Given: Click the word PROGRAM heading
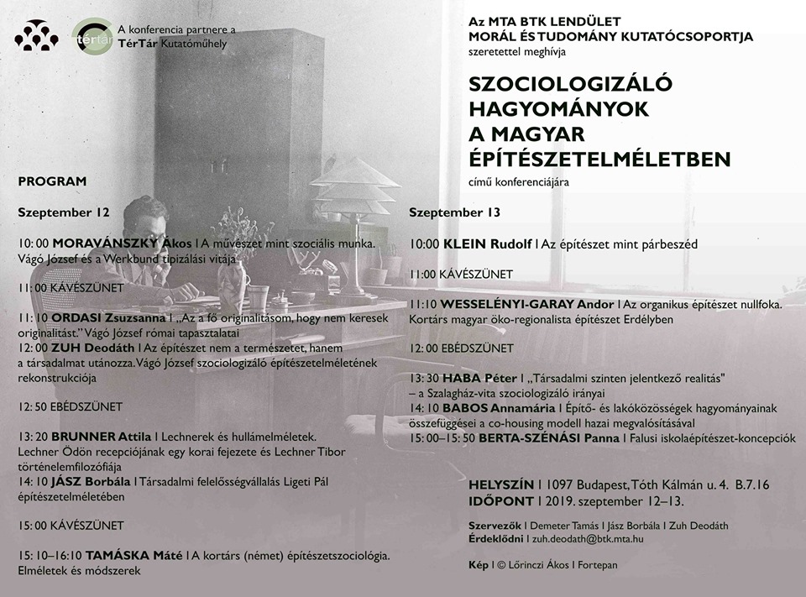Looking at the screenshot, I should click(52, 181).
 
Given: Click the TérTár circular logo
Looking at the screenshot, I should click(91, 38).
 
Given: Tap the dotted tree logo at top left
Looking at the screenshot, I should click(36, 36).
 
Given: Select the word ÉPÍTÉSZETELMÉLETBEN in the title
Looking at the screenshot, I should click(599, 159).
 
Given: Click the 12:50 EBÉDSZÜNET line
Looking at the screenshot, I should click(70, 406).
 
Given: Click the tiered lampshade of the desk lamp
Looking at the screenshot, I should click(354, 186).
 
